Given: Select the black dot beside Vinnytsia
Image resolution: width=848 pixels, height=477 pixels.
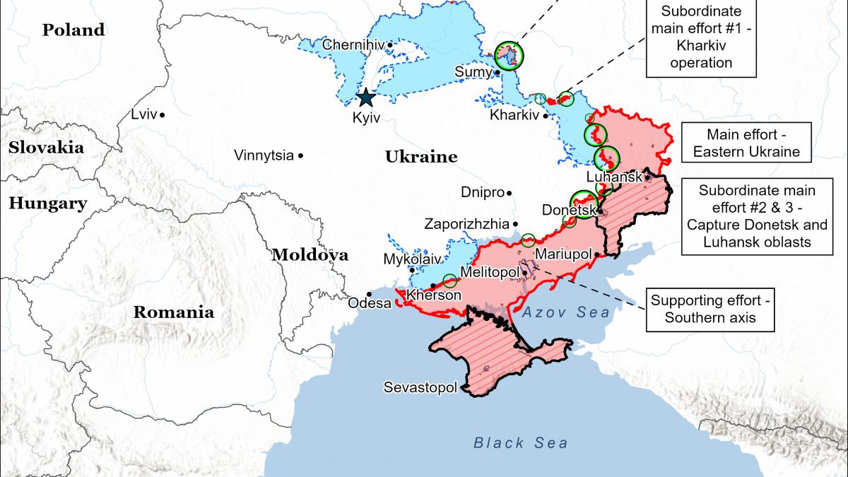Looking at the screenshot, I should (x=301, y=155).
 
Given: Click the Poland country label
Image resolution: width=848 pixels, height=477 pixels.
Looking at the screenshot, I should (x=73, y=30).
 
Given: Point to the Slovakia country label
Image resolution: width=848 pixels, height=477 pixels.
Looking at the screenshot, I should (x=46, y=148).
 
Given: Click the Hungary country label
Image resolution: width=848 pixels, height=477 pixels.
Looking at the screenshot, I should (x=47, y=204).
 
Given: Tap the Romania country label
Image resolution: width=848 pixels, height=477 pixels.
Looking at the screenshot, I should (x=174, y=312).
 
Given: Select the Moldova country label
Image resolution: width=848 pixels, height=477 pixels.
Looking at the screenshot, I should (x=310, y=255).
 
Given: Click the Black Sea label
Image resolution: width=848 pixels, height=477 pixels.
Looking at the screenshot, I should (x=520, y=443).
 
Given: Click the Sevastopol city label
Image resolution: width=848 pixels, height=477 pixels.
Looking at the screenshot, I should (x=420, y=387).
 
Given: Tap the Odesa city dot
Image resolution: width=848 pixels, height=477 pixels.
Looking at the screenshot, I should (x=368, y=294).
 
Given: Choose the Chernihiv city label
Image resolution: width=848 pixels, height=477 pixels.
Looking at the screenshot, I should (x=353, y=45).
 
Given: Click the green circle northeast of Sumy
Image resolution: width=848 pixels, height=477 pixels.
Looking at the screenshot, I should (x=507, y=54).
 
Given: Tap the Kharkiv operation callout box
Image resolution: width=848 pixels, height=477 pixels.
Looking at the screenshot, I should (x=701, y=37).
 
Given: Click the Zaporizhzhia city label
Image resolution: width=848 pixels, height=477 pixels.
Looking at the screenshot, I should (x=466, y=224).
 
